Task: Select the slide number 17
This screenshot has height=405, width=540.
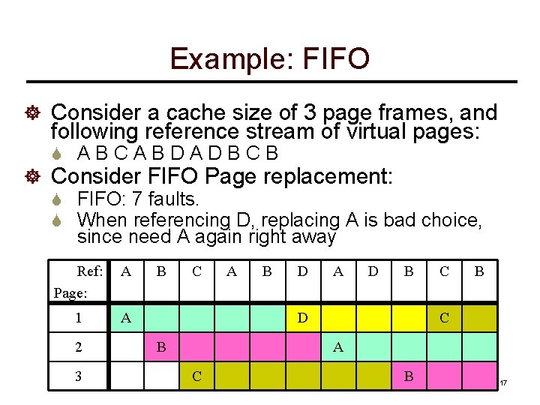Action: coord(503,383)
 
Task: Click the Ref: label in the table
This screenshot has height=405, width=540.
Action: coord(89,271)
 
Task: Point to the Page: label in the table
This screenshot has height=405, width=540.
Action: coord(70,292)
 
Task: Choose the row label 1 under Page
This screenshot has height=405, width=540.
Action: coord(79,318)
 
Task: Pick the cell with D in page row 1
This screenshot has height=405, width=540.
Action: coord(301,318)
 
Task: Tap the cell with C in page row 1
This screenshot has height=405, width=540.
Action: coord(444,318)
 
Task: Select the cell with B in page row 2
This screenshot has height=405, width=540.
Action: coord(160,347)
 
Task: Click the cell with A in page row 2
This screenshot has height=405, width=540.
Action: coord(338,347)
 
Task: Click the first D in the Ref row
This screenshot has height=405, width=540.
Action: coord(302,271)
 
